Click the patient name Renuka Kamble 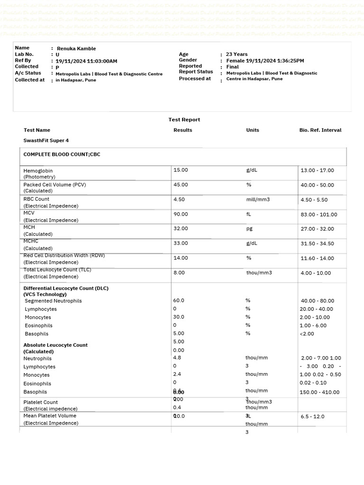pyautogui.click(x=76, y=48)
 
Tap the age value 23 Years pyautogui.click(x=237, y=54)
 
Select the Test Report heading pyautogui.click(x=184, y=120)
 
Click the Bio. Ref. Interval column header pyautogui.click(x=320, y=130)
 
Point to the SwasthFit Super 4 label pyautogui.click(x=46, y=141)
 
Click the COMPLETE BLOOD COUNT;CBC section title pyautogui.click(x=62, y=154)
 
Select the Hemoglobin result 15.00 pyautogui.click(x=181, y=170)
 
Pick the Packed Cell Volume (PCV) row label pyautogui.click(x=55, y=185)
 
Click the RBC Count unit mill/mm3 pyautogui.click(x=258, y=199)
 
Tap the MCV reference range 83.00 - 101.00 pyautogui.click(x=319, y=215)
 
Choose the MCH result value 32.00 pyautogui.click(x=181, y=228)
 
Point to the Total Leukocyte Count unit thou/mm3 pyautogui.click(x=259, y=273)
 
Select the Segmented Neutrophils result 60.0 pyautogui.click(x=179, y=300)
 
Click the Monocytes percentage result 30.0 pyautogui.click(x=179, y=317)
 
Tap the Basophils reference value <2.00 pyautogui.click(x=307, y=333)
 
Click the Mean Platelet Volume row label pyautogui.click(x=50, y=416)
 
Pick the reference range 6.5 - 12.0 pyautogui.click(x=312, y=416)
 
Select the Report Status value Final pyautogui.click(x=232, y=67)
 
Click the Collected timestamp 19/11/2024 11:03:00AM pyautogui.click(x=86, y=61)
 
